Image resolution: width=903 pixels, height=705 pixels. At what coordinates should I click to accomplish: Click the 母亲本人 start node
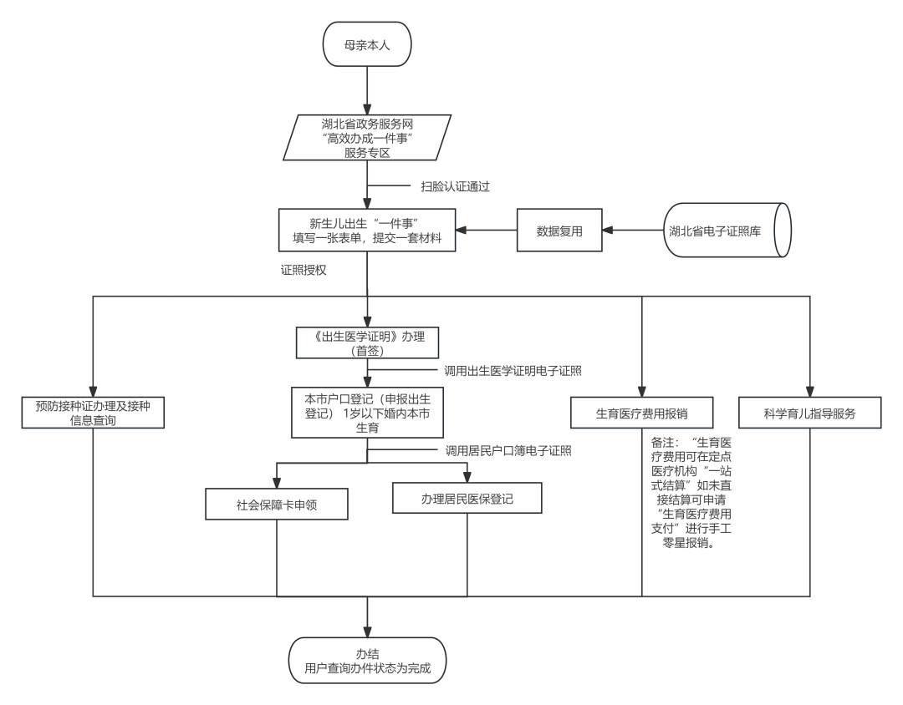coord(367,45)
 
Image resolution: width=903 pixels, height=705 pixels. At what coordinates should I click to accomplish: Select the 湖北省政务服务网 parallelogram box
coord(367,137)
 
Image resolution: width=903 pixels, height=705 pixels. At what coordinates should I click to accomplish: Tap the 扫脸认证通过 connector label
coord(455,187)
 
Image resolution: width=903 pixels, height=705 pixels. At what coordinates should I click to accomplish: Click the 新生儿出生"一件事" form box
coord(367,231)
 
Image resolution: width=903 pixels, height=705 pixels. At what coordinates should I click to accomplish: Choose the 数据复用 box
coord(559,231)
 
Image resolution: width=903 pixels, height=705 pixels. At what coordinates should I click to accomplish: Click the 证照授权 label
coord(304,271)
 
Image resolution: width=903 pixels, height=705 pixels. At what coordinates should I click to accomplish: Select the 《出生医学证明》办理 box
coord(367,342)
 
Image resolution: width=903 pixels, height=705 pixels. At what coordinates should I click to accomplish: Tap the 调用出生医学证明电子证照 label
coord(513,370)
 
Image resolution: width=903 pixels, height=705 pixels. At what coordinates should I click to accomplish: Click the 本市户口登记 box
coord(367,411)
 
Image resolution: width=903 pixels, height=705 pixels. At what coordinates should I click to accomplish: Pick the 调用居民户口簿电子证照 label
coord(508,451)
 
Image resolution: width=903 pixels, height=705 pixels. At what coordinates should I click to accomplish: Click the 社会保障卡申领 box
coord(277,505)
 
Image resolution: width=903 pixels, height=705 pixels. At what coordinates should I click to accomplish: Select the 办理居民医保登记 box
coord(467,499)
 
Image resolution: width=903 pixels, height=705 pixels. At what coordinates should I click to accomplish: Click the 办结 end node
coord(367,661)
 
